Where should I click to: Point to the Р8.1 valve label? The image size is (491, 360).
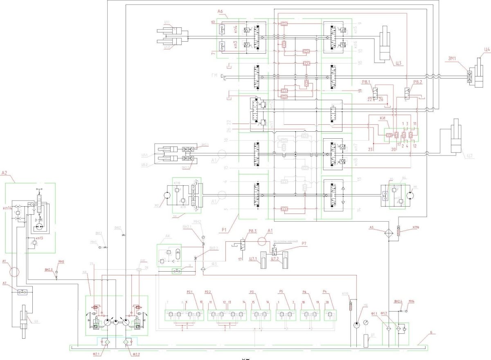(366, 82)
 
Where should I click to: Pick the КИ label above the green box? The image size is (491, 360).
(383, 118)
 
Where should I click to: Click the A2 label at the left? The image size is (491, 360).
(5, 173)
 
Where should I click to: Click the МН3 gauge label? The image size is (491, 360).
(62, 262)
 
